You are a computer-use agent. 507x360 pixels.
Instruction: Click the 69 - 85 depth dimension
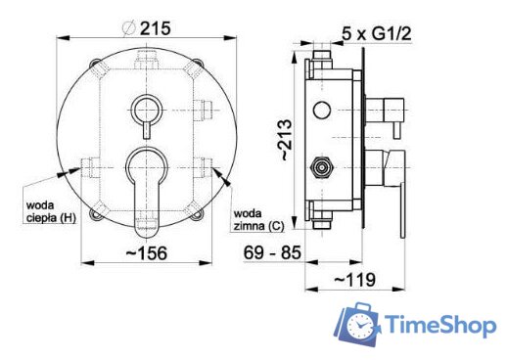tap(272, 252)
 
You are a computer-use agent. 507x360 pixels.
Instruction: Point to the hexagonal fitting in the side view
tap(319, 165)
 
